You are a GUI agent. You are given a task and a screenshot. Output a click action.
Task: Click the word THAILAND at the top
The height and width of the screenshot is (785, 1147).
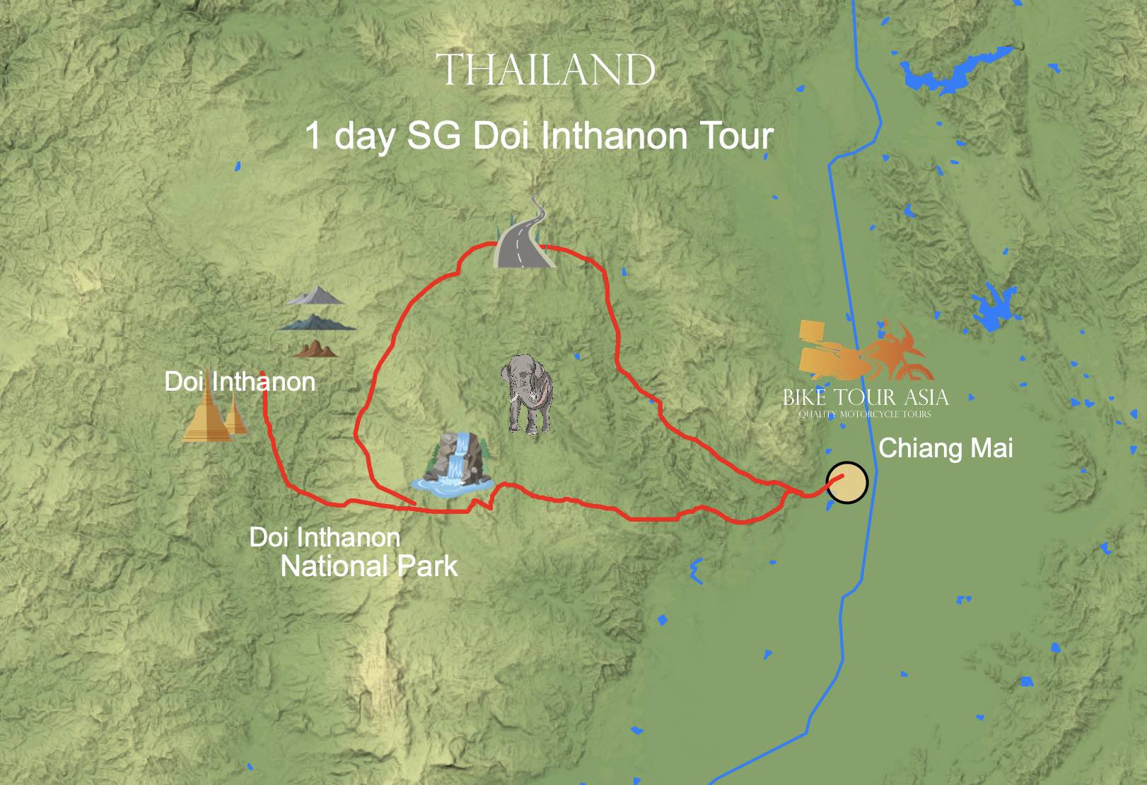(x=545, y=69)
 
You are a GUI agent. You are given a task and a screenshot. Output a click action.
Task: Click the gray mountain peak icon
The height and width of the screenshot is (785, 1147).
(x=316, y=296)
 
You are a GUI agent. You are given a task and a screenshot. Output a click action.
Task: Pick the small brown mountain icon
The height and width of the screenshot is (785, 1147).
(x=315, y=348)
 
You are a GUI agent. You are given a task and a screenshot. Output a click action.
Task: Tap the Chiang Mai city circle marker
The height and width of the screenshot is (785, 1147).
(x=847, y=483)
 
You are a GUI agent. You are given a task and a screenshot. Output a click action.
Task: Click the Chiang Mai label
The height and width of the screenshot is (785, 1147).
(x=945, y=448)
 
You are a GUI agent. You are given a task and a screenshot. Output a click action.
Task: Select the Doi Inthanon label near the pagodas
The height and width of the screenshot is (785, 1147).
(x=240, y=382)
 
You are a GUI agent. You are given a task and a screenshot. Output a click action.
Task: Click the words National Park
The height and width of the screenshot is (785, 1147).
(x=368, y=566)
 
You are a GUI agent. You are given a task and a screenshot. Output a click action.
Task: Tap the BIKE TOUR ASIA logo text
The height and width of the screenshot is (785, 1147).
(x=865, y=397)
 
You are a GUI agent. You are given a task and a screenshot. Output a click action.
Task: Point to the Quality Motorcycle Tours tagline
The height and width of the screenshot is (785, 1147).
(x=865, y=414)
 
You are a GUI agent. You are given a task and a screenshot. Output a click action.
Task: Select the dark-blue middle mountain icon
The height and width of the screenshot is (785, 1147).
(x=317, y=323)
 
